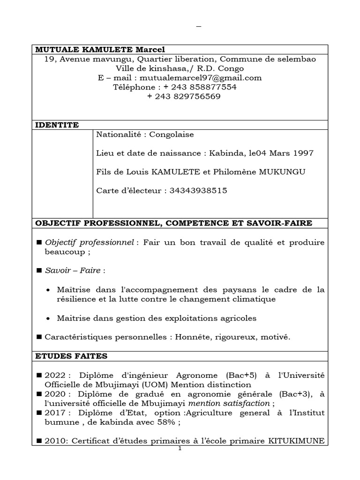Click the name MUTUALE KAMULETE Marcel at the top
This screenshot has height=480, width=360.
pyautogui.click(x=100, y=50)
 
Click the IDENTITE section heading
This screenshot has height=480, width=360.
pyautogui.click(x=57, y=125)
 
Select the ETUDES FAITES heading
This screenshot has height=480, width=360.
pyautogui.click(x=72, y=356)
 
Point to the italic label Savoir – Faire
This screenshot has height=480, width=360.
pyautogui.click(x=73, y=271)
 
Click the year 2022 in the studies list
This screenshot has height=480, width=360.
pyautogui.click(x=54, y=375)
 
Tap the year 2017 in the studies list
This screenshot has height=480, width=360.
pyautogui.click(x=54, y=413)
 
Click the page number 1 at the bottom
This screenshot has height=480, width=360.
pyautogui.click(x=180, y=449)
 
